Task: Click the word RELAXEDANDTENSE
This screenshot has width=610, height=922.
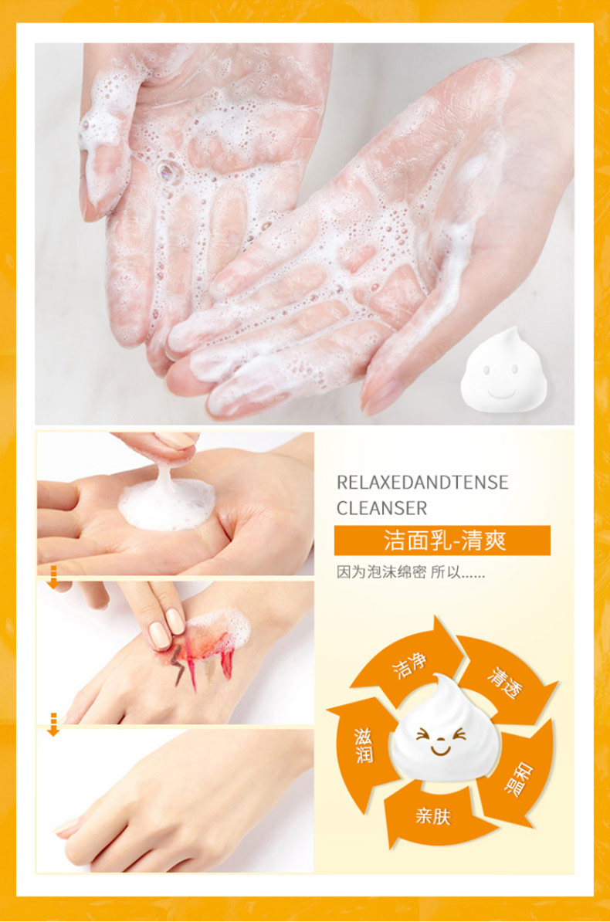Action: point(422,482)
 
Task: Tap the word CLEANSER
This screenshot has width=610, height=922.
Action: point(381,508)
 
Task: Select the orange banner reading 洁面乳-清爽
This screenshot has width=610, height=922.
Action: point(442,541)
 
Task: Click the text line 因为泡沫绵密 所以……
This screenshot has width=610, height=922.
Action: point(411,572)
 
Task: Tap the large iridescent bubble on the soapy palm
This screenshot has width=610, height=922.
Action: point(167,171)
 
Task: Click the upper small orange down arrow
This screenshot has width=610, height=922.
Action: point(53,577)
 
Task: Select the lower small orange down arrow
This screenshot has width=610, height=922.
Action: point(53,724)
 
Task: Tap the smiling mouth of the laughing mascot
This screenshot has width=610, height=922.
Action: point(440,750)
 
